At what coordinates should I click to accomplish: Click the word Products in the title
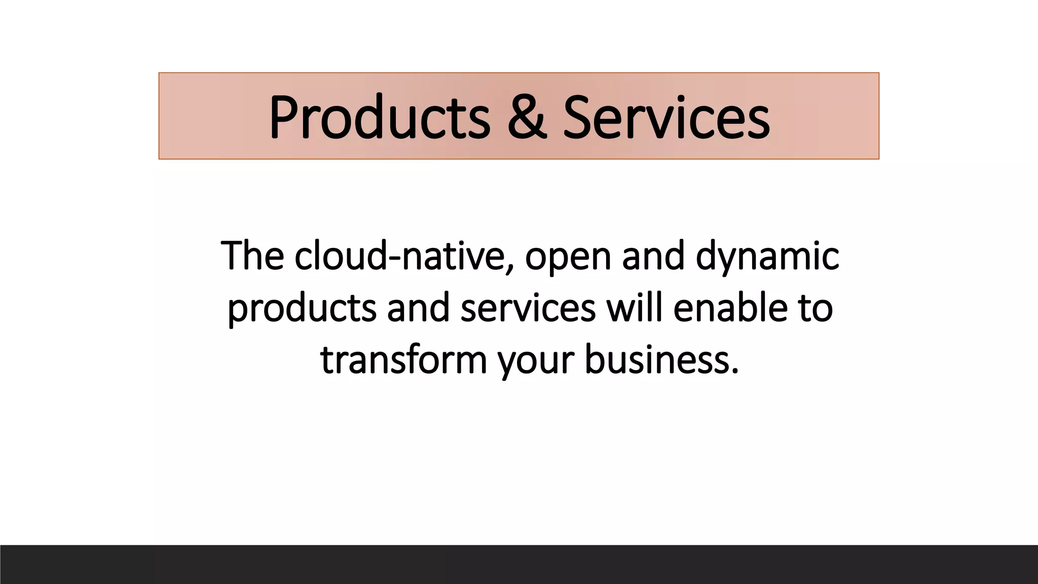[379, 118]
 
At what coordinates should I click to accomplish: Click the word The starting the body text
[252, 255]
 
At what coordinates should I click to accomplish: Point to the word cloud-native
[400, 255]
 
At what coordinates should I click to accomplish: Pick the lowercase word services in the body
[528, 308]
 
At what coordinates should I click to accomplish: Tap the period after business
[735, 371]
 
